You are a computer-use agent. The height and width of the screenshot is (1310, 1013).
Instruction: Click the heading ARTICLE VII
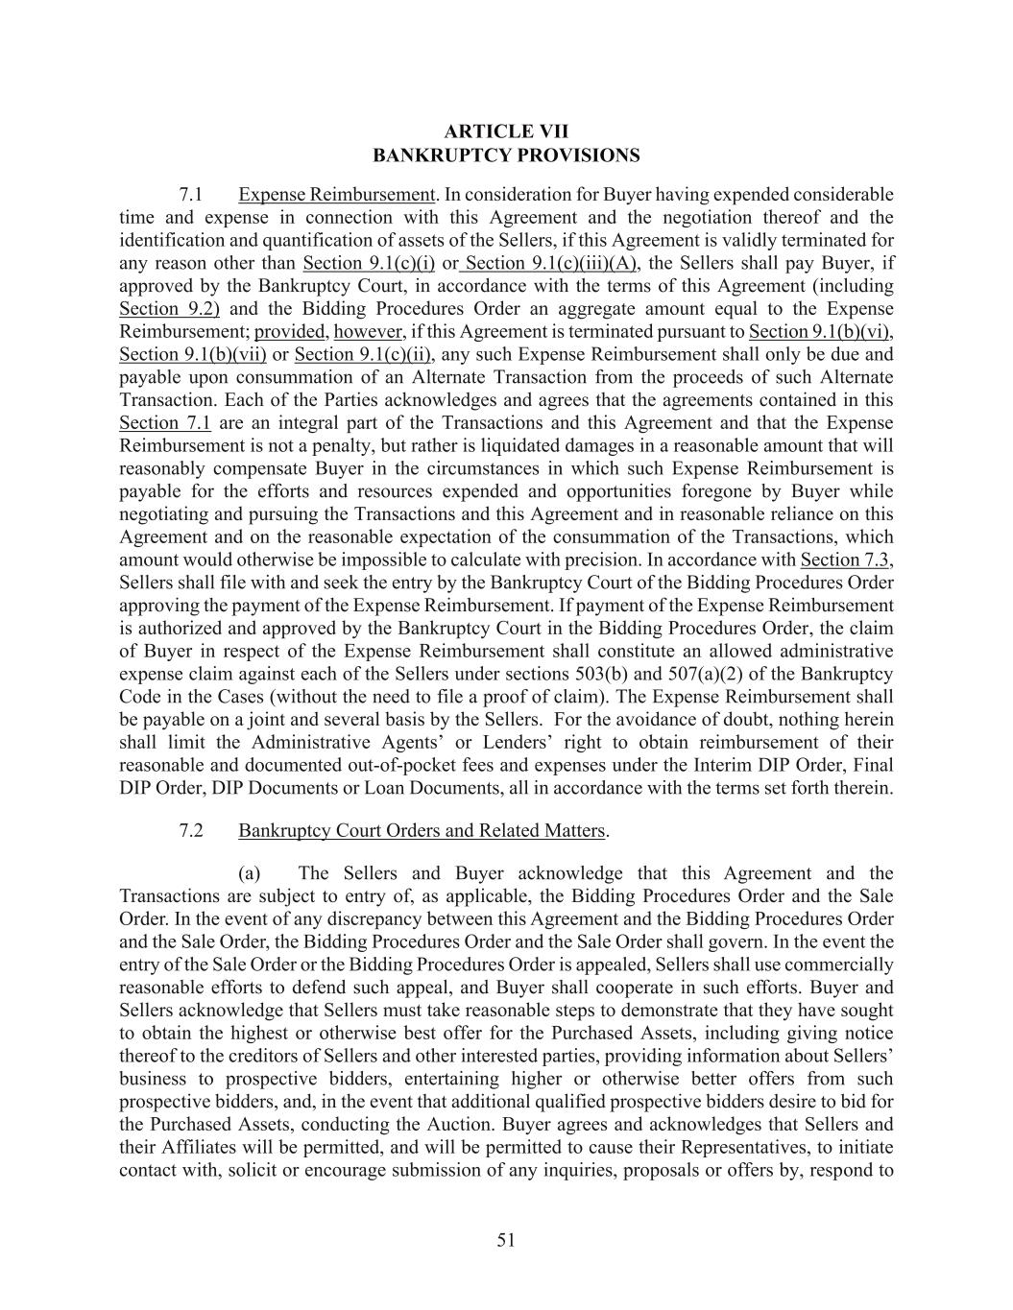coord(506,131)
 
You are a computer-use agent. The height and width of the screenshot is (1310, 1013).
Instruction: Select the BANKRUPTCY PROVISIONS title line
coord(506,155)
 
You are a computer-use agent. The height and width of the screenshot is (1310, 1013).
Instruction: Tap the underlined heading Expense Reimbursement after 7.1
coord(337,195)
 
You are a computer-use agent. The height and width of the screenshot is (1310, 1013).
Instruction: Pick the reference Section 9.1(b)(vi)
coord(820,332)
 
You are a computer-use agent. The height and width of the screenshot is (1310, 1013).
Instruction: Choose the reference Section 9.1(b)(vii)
coord(192,355)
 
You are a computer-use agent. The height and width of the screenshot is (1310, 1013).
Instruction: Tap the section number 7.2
coord(191,831)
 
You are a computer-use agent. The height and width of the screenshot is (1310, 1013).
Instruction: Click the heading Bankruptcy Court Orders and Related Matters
coord(422,831)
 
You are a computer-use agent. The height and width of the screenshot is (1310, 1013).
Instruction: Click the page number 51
coord(506,1240)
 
